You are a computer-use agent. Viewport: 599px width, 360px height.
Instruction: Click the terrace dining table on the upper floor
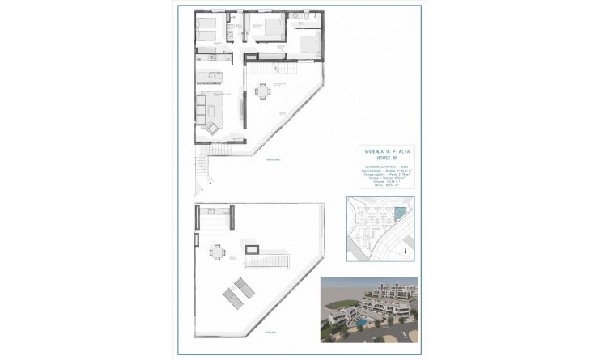click(261, 91)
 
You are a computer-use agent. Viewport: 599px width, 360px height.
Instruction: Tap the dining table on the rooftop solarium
click(215, 252)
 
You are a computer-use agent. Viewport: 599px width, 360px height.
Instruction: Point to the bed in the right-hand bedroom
click(309, 40)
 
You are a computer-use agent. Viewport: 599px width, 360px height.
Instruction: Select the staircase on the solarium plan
click(266, 259)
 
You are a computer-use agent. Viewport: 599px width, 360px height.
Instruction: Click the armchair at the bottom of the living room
click(212, 127)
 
